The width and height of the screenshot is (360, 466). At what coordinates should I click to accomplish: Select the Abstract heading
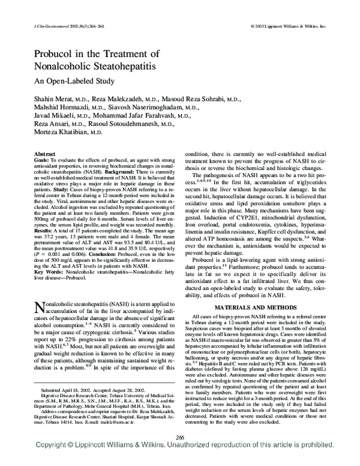pos(46,154)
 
